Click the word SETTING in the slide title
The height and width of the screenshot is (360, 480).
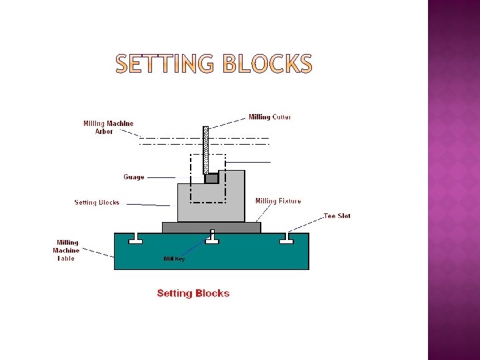tap(164, 63)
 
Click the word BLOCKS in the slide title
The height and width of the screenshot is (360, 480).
tap(267, 63)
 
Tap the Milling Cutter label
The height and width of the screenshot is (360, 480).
tap(270, 117)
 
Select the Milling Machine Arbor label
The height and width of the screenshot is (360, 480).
tap(108, 127)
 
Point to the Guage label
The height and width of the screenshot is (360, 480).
tap(133, 177)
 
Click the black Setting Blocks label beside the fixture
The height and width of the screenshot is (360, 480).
tap(97, 203)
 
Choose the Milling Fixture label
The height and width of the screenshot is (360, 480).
tap(278, 201)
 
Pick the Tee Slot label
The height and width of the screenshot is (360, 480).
tap(337, 216)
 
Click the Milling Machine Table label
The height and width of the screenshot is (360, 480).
tap(67, 251)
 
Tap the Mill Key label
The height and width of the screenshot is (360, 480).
tap(175, 259)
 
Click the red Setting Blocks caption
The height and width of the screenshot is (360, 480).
tap(193, 293)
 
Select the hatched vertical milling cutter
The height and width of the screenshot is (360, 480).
tap(206, 149)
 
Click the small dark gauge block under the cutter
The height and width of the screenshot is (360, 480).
tap(211, 179)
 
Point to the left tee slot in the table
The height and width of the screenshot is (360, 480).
tap(135, 239)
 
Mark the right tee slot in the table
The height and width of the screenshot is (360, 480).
tap(287, 239)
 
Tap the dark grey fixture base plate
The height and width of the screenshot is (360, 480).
tap(211, 227)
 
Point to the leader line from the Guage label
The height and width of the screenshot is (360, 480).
tap(160, 178)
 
